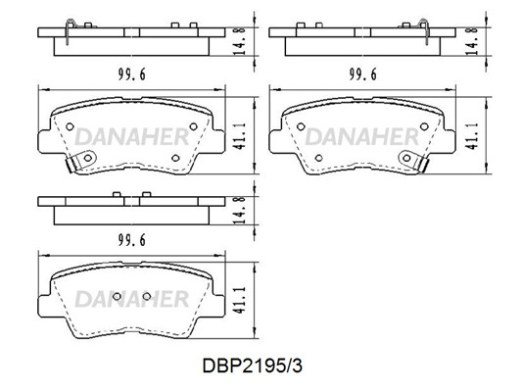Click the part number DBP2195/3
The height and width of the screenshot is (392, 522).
click(x=253, y=366)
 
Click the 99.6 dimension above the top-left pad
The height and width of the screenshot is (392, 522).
click(x=132, y=74)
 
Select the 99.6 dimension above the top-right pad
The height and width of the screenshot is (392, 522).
click(x=363, y=74)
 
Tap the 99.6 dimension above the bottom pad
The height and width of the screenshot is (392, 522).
click(x=132, y=240)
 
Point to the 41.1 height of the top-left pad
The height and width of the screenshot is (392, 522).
click(x=240, y=135)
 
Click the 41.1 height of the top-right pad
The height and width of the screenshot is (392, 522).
click(x=471, y=135)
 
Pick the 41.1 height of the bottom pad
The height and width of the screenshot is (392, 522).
click(x=240, y=300)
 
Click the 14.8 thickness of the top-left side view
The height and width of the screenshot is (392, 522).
click(x=240, y=41)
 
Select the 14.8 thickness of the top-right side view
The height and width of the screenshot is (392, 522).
click(x=471, y=41)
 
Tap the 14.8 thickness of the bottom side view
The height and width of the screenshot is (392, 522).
click(x=240, y=210)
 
